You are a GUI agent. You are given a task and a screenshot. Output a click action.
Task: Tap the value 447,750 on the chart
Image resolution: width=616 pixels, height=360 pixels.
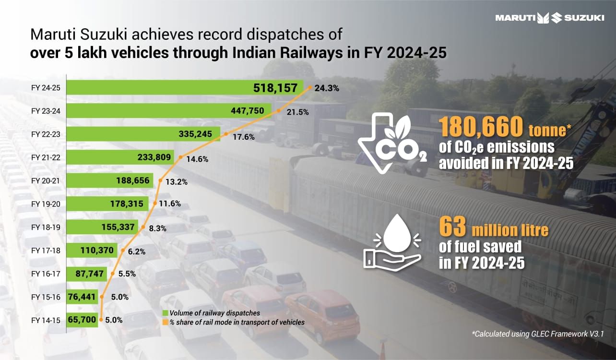click(247, 111)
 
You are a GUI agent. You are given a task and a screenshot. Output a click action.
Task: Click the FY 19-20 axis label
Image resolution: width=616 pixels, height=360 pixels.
click(46, 204)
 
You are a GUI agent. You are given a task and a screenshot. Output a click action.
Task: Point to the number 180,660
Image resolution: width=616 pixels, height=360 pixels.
click(481, 128)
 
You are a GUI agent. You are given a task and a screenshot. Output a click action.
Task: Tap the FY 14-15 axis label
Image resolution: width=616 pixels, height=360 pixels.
click(46, 320)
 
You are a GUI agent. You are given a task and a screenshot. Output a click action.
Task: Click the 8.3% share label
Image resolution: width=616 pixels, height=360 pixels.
click(157, 229)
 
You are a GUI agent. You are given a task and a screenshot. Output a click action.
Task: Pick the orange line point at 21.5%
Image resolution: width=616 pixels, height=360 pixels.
click(278, 111)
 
